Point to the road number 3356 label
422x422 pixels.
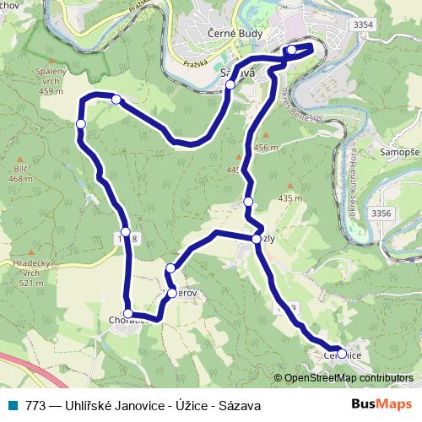(381, 214)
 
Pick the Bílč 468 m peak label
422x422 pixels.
(20, 174)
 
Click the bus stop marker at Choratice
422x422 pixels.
(127, 314)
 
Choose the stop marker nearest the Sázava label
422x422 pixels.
(230, 84)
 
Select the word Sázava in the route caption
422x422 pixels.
(240, 406)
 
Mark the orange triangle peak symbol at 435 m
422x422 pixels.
(290, 186)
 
